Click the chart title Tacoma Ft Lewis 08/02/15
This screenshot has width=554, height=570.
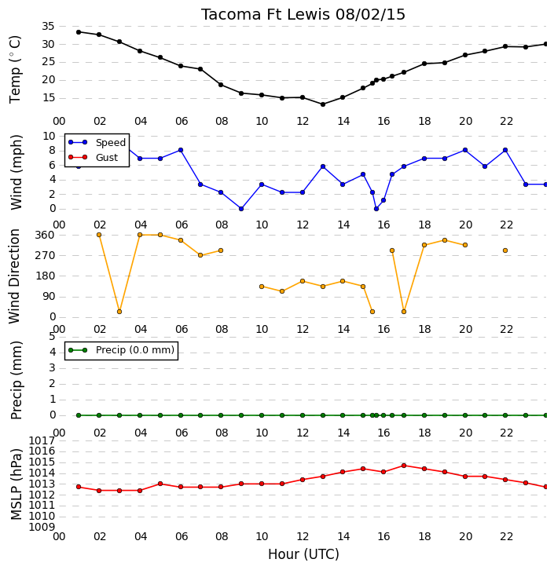tap(303, 15)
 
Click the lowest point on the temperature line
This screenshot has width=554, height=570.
tap(323, 104)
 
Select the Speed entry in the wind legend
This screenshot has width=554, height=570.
tap(97, 143)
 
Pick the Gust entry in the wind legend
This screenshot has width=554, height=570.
tap(94, 157)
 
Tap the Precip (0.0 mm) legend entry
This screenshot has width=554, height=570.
tap(122, 350)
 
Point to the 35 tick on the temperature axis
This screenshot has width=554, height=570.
tap(48, 26)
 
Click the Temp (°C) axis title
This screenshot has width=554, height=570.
tap(15, 69)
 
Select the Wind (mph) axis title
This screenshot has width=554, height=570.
tap(17, 172)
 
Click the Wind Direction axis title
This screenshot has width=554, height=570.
tap(14, 276)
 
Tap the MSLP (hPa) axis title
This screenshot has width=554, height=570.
tap(17, 484)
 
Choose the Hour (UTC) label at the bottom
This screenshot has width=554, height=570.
tap(303, 554)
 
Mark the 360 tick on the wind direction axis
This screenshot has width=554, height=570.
tap(45, 236)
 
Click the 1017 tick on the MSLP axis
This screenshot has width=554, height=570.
tap(42, 441)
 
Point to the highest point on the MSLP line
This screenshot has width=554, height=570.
tap(404, 466)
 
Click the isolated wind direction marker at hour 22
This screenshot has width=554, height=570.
tap(505, 250)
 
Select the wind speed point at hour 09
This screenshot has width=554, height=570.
tap(240, 209)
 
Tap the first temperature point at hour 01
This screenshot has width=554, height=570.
tap(79, 32)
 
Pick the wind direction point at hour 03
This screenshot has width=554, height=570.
tap(119, 312)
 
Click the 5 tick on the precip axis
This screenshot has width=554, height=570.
tap(52, 336)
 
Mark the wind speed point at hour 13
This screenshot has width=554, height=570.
tap(323, 166)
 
